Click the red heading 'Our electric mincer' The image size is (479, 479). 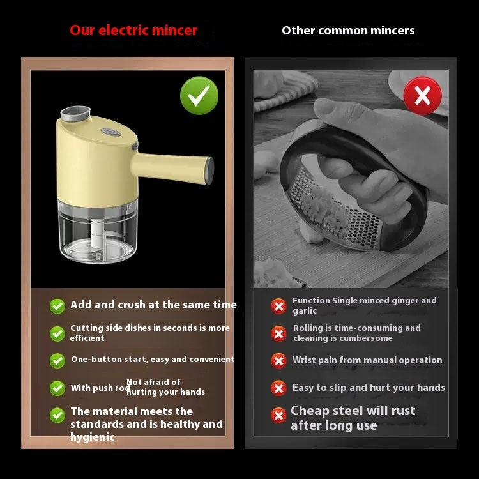133,30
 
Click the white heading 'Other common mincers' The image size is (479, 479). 348,30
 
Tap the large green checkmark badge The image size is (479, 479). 199,96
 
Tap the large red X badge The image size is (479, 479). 422,96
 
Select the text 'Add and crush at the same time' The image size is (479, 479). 153,305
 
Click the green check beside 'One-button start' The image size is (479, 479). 57,360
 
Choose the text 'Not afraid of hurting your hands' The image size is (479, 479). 165,387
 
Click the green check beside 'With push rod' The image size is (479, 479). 57,388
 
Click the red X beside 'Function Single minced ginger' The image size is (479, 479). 278,306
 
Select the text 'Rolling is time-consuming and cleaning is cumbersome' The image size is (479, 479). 356,333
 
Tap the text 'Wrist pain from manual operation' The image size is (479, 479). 367,360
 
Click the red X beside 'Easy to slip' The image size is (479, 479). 278,388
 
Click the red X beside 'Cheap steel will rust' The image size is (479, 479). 278,416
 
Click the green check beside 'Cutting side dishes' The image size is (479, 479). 57,333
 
